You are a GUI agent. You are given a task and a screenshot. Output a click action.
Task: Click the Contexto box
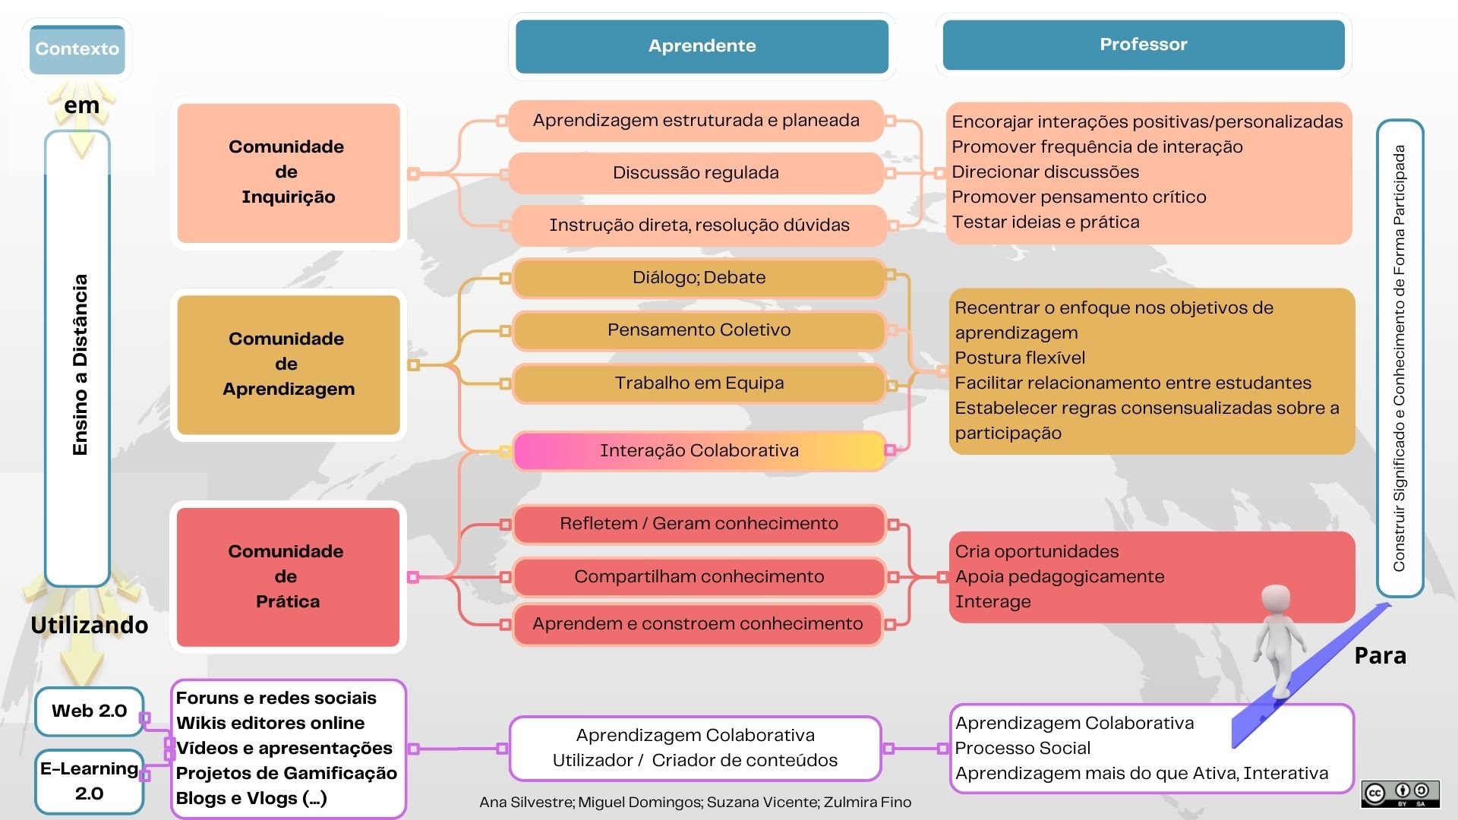(77, 49)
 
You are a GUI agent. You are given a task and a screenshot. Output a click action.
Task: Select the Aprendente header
(702, 46)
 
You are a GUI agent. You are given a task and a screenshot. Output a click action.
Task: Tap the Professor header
(1143, 45)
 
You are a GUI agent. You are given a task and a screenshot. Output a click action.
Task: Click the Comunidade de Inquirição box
(288, 172)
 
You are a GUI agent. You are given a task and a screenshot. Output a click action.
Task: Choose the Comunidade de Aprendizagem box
(288, 364)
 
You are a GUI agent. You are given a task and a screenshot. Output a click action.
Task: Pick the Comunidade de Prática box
(288, 576)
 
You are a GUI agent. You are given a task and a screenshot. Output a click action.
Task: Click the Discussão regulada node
(696, 173)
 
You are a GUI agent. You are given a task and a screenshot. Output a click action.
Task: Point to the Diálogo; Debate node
(699, 278)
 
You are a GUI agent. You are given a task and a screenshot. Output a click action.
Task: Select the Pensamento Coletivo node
(699, 330)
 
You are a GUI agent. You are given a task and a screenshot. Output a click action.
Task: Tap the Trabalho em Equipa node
(699, 383)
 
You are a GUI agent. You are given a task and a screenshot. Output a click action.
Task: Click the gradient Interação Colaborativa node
(699, 451)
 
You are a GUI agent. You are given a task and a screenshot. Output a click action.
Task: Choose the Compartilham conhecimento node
(699, 577)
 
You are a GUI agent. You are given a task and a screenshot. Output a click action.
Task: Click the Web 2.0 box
(89, 711)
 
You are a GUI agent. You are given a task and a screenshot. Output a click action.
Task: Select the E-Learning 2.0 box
(89, 781)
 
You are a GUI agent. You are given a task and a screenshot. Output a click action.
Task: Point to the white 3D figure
(1279, 638)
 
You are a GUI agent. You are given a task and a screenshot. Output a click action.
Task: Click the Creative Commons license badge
(1400, 794)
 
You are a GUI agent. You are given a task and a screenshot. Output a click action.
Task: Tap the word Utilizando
(90, 626)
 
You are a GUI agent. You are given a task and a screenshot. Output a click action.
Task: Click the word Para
(1380, 656)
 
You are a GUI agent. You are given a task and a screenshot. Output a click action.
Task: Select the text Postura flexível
(1019, 358)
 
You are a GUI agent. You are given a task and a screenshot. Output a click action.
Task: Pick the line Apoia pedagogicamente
(1059, 577)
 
